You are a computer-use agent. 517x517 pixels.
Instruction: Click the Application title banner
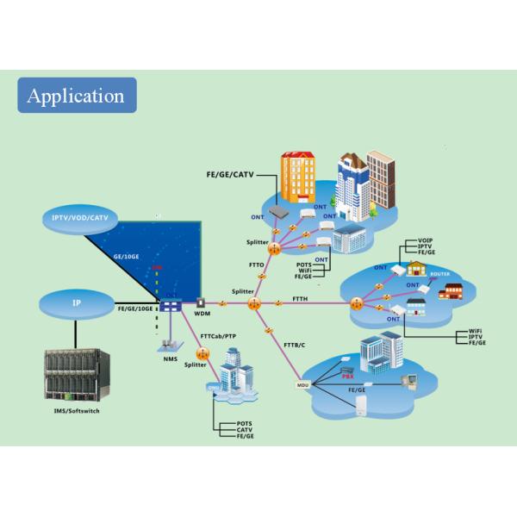77,95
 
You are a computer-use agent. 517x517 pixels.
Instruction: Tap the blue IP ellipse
77,303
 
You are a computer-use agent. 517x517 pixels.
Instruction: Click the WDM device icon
202,304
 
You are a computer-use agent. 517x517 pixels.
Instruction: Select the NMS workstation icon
169,344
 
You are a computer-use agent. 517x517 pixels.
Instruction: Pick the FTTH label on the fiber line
300,298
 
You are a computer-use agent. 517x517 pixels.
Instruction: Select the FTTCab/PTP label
219,337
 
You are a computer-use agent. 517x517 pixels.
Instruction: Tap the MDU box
302,385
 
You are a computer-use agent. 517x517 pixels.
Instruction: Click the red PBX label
348,377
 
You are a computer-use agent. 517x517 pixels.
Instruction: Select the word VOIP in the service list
425,240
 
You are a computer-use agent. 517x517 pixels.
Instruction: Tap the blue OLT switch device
170,305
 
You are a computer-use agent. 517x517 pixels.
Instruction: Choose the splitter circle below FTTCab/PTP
203,354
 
